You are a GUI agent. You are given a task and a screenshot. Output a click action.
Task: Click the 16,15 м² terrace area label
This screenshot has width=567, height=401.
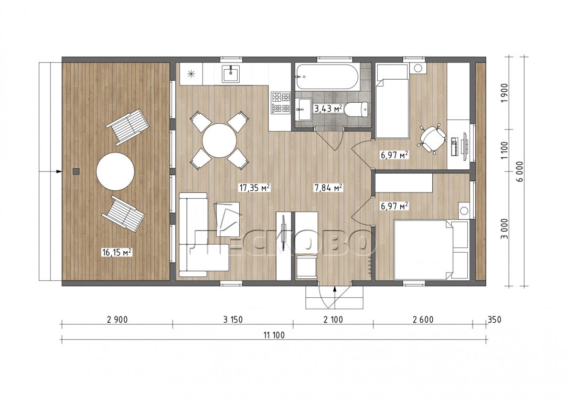[116, 252]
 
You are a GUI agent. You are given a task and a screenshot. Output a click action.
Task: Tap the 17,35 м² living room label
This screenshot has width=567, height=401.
[254, 188]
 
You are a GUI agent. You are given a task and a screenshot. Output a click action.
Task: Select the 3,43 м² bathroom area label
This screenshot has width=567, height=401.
[328, 109]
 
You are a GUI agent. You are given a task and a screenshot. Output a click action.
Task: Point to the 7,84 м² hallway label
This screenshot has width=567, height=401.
[328, 188]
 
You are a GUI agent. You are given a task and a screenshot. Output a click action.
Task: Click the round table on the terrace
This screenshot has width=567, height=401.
[115, 171]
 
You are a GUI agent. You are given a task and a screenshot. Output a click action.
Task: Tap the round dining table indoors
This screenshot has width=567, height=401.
[219, 140]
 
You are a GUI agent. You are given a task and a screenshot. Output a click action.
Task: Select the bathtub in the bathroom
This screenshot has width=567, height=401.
[327, 76]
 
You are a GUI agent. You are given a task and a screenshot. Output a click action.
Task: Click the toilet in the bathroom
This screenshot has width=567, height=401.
[356, 109]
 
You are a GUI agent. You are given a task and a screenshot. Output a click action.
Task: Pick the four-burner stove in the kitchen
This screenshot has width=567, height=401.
[281, 103]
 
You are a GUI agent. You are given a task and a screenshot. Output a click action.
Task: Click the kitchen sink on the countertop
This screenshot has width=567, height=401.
[230, 73]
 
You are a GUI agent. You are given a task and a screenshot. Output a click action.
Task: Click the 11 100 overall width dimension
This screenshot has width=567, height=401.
[274, 335]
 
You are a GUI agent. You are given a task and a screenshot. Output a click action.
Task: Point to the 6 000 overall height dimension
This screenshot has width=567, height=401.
[520, 171]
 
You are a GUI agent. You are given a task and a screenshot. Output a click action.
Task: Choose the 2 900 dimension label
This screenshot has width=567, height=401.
[117, 320]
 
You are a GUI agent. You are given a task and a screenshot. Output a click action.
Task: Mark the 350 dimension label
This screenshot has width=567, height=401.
[495, 320]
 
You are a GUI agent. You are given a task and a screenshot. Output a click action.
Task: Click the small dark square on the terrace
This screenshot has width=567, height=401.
[76, 171]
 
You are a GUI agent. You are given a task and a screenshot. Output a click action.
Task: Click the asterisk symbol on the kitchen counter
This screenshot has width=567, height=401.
[191, 74]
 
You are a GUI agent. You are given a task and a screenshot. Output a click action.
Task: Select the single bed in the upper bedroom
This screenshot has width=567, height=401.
[392, 101]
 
